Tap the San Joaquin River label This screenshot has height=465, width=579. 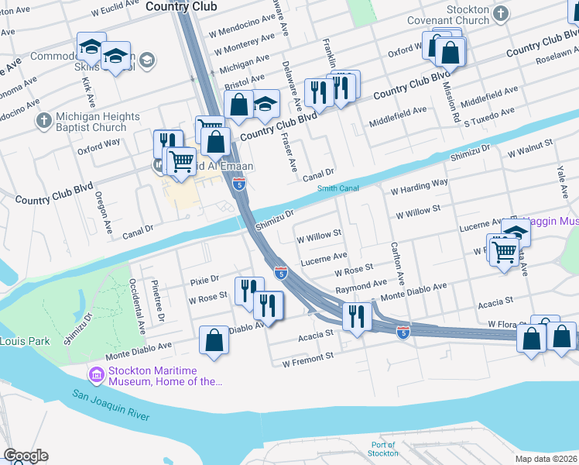tap(111, 405)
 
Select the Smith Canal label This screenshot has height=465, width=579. tap(337, 188)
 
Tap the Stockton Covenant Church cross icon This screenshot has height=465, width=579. tap(501, 13)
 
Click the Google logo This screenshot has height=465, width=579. tap(25, 456)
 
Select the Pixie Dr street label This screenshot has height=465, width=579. tap(204, 278)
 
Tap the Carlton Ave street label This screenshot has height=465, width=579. tap(398, 264)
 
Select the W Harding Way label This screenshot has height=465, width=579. tap(419, 186)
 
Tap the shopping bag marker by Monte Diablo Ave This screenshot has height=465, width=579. tap(214, 341)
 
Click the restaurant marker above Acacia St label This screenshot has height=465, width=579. tap(356, 317)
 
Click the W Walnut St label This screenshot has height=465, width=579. tap(529, 144)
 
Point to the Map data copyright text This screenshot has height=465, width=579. tap(546, 459)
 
